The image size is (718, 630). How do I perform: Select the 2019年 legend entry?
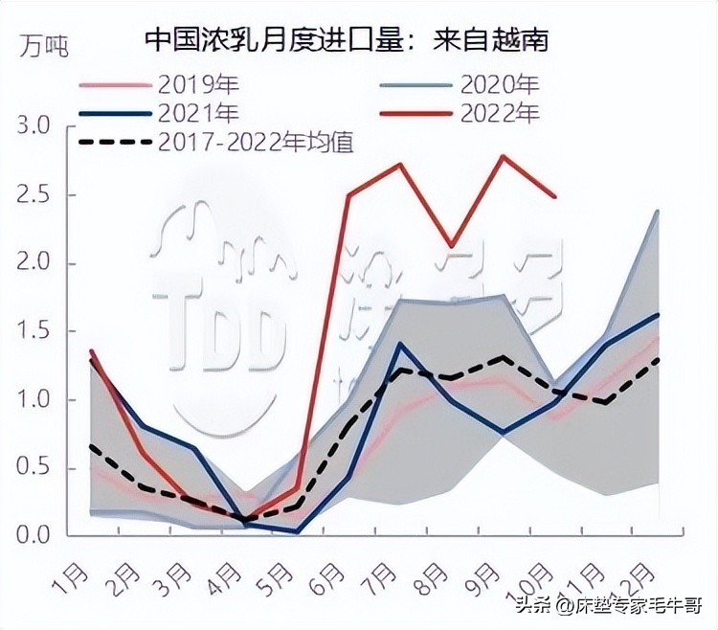[x=195, y=84]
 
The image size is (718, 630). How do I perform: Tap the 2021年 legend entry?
[x=195, y=113]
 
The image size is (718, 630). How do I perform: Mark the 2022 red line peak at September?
[x=503, y=155]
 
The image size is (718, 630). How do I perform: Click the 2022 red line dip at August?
[x=451, y=246]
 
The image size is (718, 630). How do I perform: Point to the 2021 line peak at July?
[x=399, y=344]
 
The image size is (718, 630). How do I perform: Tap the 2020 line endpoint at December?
[x=658, y=211]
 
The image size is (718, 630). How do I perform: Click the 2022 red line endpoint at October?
[x=555, y=197]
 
